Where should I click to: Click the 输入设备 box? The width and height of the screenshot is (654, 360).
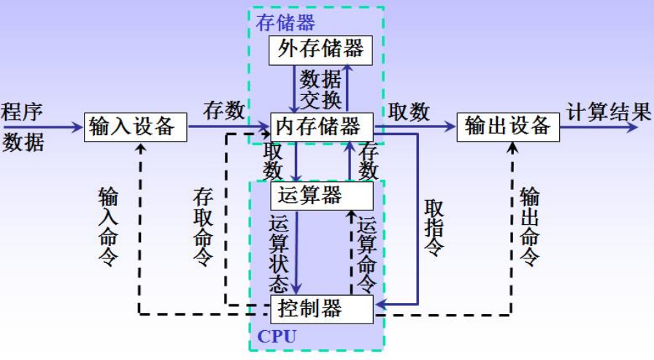pos(136,127)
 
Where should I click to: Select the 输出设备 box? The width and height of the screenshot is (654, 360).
pos(508,126)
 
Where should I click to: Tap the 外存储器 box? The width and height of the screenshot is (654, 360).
pos(320,50)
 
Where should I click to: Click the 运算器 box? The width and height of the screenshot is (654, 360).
pos(321,195)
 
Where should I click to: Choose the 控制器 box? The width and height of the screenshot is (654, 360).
pos(321,308)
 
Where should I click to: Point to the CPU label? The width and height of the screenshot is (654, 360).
pos(278,337)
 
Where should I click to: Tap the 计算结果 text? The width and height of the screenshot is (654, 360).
pos(608,112)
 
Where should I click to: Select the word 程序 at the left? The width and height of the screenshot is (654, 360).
pos(23,112)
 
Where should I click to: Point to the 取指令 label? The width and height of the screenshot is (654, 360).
pos(434,226)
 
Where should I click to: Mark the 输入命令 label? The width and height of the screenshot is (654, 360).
pos(108,227)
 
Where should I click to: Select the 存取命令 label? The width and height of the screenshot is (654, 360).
pos(203,227)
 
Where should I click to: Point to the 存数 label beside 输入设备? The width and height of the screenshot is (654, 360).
pos(223,112)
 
